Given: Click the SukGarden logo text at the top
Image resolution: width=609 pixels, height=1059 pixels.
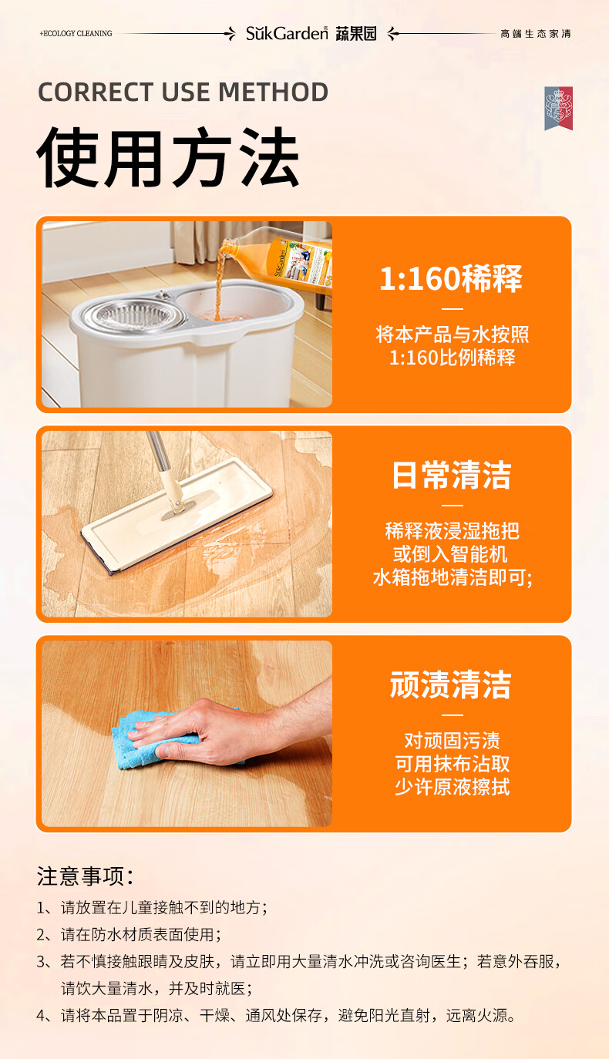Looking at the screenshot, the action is pyautogui.click(x=287, y=34).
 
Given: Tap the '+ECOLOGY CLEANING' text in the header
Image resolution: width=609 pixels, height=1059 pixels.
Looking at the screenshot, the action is pyautogui.click(x=76, y=34).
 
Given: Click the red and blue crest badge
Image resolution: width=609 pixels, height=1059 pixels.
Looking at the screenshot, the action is pyautogui.click(x=558, y=108).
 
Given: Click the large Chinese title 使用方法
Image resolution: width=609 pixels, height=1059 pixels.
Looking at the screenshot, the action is pyautogui.click(x=168, y=157).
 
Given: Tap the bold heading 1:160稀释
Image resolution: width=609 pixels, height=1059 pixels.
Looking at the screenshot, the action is pyautogui.click(x=451, y=278).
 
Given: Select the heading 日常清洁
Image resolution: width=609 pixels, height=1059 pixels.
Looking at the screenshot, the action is pyautogui.click(x=452, y=475).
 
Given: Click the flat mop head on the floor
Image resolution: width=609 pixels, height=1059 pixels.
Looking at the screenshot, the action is pyautogui.click(x=177, y=516).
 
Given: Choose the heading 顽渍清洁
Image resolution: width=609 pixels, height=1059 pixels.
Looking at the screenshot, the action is pyautogui.click(x=451, y=684).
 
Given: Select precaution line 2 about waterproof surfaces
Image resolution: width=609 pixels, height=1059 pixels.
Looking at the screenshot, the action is pyautogui.click(x=129, y=935).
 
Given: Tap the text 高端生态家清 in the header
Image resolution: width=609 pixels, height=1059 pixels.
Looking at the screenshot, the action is pyautogui.click(x=536, y=34).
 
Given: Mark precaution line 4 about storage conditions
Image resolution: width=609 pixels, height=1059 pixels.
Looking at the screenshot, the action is pyautogui.click(x=276, y=1016).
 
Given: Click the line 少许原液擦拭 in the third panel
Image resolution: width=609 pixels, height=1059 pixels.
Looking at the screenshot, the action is pyautogui.click(x=453, y=787).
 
